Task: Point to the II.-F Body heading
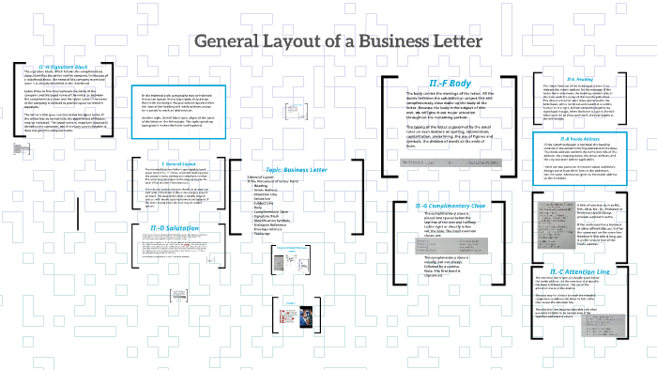(445, 84)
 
